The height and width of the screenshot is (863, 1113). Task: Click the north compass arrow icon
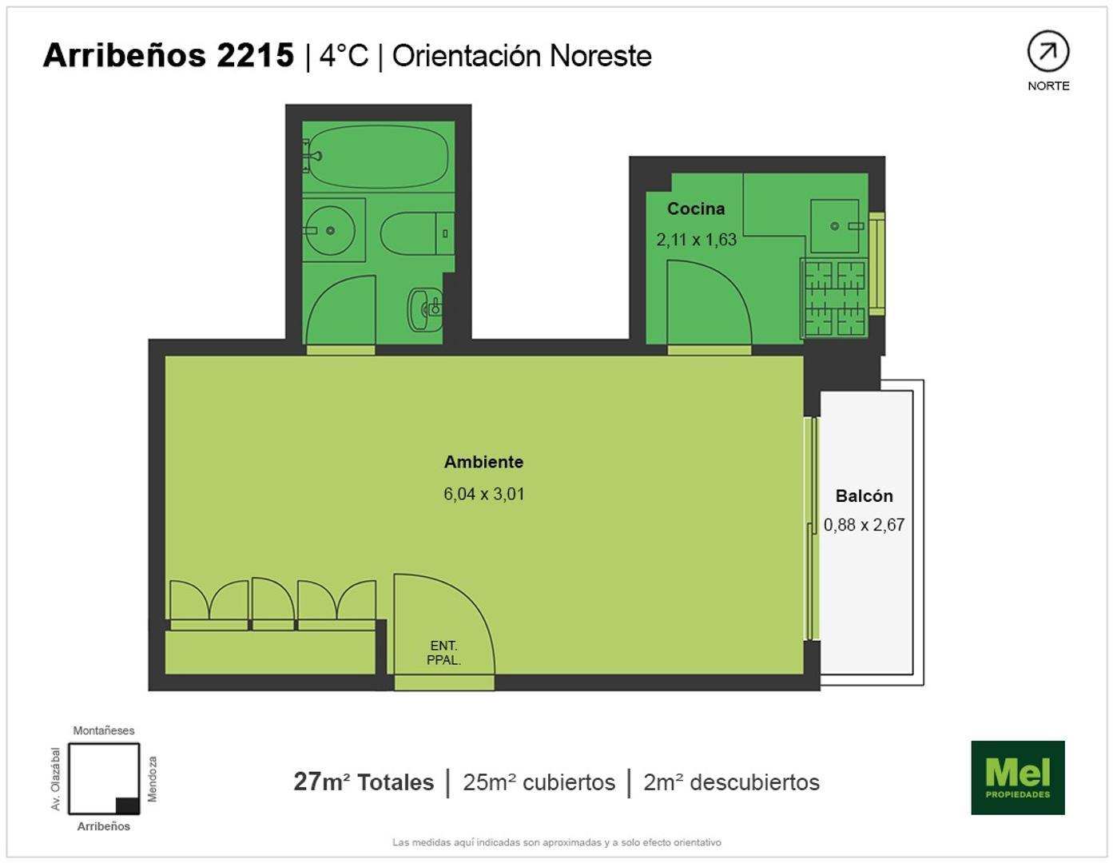1047,52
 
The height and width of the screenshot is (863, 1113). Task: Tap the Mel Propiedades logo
1017,777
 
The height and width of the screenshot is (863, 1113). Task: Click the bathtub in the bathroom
378,156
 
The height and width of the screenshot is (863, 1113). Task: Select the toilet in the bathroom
415,233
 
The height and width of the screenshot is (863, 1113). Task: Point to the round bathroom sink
330,230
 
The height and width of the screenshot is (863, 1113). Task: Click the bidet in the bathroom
425,309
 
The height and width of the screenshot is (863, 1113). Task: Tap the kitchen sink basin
835,226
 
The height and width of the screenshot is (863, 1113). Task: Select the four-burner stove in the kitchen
834,298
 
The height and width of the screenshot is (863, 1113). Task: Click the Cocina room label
696,209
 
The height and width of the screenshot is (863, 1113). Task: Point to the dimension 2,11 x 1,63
696,240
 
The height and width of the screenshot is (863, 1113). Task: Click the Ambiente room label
483,462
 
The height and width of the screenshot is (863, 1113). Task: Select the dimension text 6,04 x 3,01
483,494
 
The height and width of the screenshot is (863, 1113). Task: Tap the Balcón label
864,496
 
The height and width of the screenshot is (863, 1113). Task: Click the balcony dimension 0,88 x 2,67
864,525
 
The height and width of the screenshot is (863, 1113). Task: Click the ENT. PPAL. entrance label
443,653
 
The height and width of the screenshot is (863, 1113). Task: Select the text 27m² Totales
364,781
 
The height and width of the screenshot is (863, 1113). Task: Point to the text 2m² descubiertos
731,781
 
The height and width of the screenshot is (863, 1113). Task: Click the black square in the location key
127,805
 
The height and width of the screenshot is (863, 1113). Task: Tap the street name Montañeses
104,730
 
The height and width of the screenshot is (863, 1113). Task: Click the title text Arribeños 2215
169,55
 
